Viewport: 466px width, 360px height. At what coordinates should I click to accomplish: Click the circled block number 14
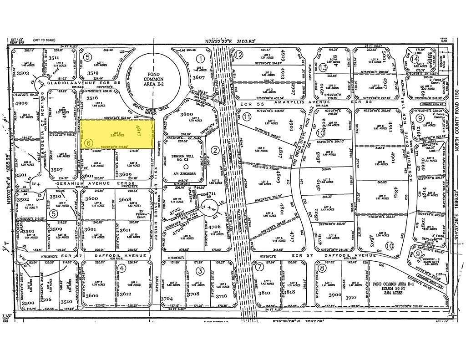pyautogui.click(x=415, y=59)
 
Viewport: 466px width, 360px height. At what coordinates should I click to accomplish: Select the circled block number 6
pyautogui.click(x=89, y=143)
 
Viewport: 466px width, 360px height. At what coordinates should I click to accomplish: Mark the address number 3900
pyautogui.click(x=335, y=295)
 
